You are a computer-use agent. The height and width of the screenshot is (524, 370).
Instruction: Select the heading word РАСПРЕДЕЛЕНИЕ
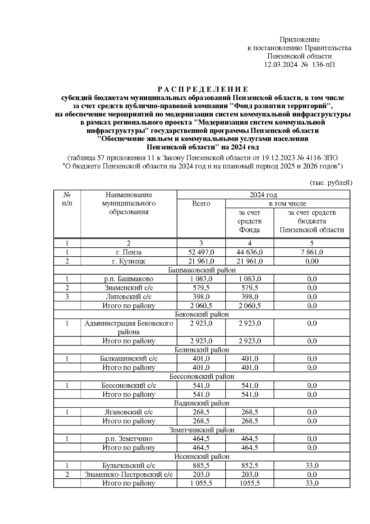pyautogui.click(x=203, y=90)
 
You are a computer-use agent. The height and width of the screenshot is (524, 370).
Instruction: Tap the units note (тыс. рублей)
pyautogui.click(x=331, y=182)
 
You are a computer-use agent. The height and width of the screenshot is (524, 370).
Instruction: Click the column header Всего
pyautogui.click(x=201, y=203)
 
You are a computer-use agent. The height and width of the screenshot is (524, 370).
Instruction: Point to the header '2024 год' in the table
pyautogui.click(x=263, y=195)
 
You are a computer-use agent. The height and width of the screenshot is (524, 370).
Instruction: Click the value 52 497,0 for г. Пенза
pyautogui.click(x=201, y=252)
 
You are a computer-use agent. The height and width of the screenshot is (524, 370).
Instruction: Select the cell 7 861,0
pyautogui.click(x=312, y=252)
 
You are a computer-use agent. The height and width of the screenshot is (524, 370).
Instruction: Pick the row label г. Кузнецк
pyautogui.click(x=129, y=261)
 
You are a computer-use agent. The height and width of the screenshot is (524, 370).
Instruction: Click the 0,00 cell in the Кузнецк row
pyautogui.click(x=312, y=261)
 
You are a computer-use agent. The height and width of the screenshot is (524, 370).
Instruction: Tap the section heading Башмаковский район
pyautogui.click(x=202, y=270)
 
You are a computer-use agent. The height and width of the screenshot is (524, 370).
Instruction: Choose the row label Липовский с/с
pyautogui.click(x=129, y=297)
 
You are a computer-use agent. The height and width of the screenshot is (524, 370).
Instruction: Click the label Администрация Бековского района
pyautogui.click(x=129, y=328)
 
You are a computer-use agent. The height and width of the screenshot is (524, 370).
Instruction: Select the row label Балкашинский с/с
pyautogui.click(x=129, y=359)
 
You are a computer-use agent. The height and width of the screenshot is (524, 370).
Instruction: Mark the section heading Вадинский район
pyautogui.click(x=202, y=403)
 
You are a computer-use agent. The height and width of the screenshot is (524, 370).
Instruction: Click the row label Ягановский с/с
pyautogui.click(x=129, y=412)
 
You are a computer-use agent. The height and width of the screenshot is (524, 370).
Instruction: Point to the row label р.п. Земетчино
pyautogui.click(x=129, y=439)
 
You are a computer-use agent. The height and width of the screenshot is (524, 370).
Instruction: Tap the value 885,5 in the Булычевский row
pyautogui.click(x=201, y=466)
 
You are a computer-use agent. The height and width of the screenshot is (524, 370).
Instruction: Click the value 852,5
pyautogui.click(x=249, y=466)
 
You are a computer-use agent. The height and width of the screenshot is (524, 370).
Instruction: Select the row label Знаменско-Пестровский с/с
pyautogui.click(x=129, y=475)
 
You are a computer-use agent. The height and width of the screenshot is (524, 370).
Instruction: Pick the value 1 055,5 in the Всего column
pyautogui.click(x=201, y=483)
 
